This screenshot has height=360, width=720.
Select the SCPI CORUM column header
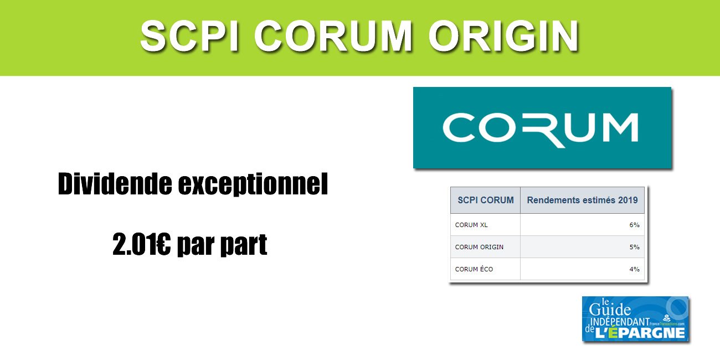[x=485, y=200]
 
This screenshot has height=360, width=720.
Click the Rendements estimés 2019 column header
[x=582, y=200]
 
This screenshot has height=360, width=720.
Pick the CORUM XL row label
[x=471, y=225]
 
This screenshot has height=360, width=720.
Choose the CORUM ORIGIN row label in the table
[x=479, y=247]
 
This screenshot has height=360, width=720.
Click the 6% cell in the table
[x=634, y=225]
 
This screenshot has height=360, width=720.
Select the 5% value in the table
[x=634, y=247]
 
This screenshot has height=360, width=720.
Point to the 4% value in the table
[x=634, y=269]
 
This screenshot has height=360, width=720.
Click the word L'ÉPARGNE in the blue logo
[x=642, y=332]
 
